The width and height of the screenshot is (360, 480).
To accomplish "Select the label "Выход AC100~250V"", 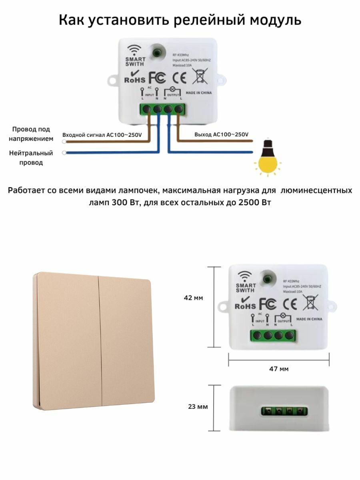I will point(221,135).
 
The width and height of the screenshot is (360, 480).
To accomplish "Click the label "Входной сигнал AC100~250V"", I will point(102,135).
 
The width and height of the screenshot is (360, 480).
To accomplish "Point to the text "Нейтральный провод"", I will point(31,158).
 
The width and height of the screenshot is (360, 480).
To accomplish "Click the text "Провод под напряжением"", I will point(31,134).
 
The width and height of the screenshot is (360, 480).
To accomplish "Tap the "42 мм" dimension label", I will point(193,298).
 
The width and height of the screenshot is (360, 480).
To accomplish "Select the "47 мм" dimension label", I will point(278,369).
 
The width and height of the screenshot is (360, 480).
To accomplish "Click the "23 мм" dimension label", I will point(198,407).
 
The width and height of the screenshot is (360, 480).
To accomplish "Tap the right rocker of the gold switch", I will point(126,340).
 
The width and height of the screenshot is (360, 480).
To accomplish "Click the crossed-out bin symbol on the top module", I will point(198,76).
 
